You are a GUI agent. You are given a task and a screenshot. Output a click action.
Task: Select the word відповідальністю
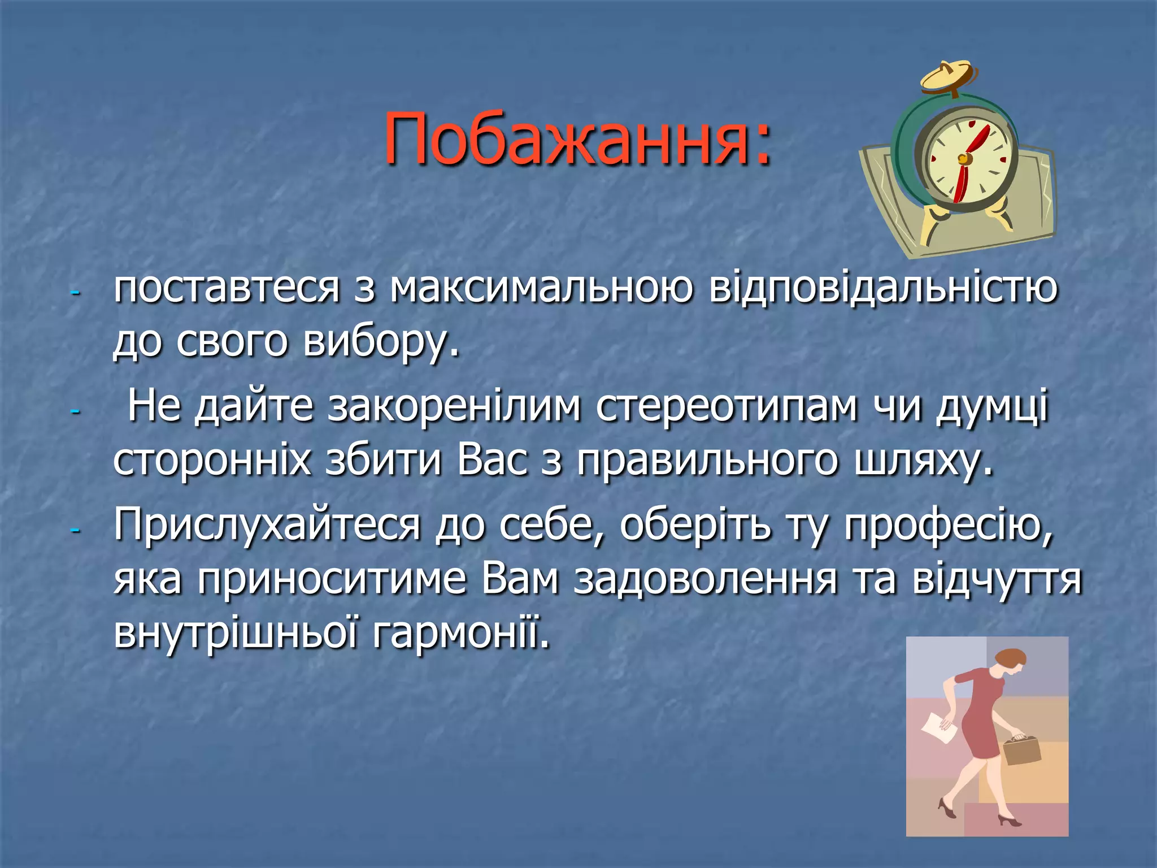point(883,288)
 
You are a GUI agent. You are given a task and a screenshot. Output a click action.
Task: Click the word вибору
point(381,342)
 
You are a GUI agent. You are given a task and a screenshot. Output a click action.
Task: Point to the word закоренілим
point(454,406)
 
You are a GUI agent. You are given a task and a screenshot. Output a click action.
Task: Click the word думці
point(992,407)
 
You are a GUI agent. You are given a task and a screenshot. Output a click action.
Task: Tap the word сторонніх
point(212,461)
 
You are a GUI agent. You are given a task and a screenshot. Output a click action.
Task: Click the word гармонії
point(461,633)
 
